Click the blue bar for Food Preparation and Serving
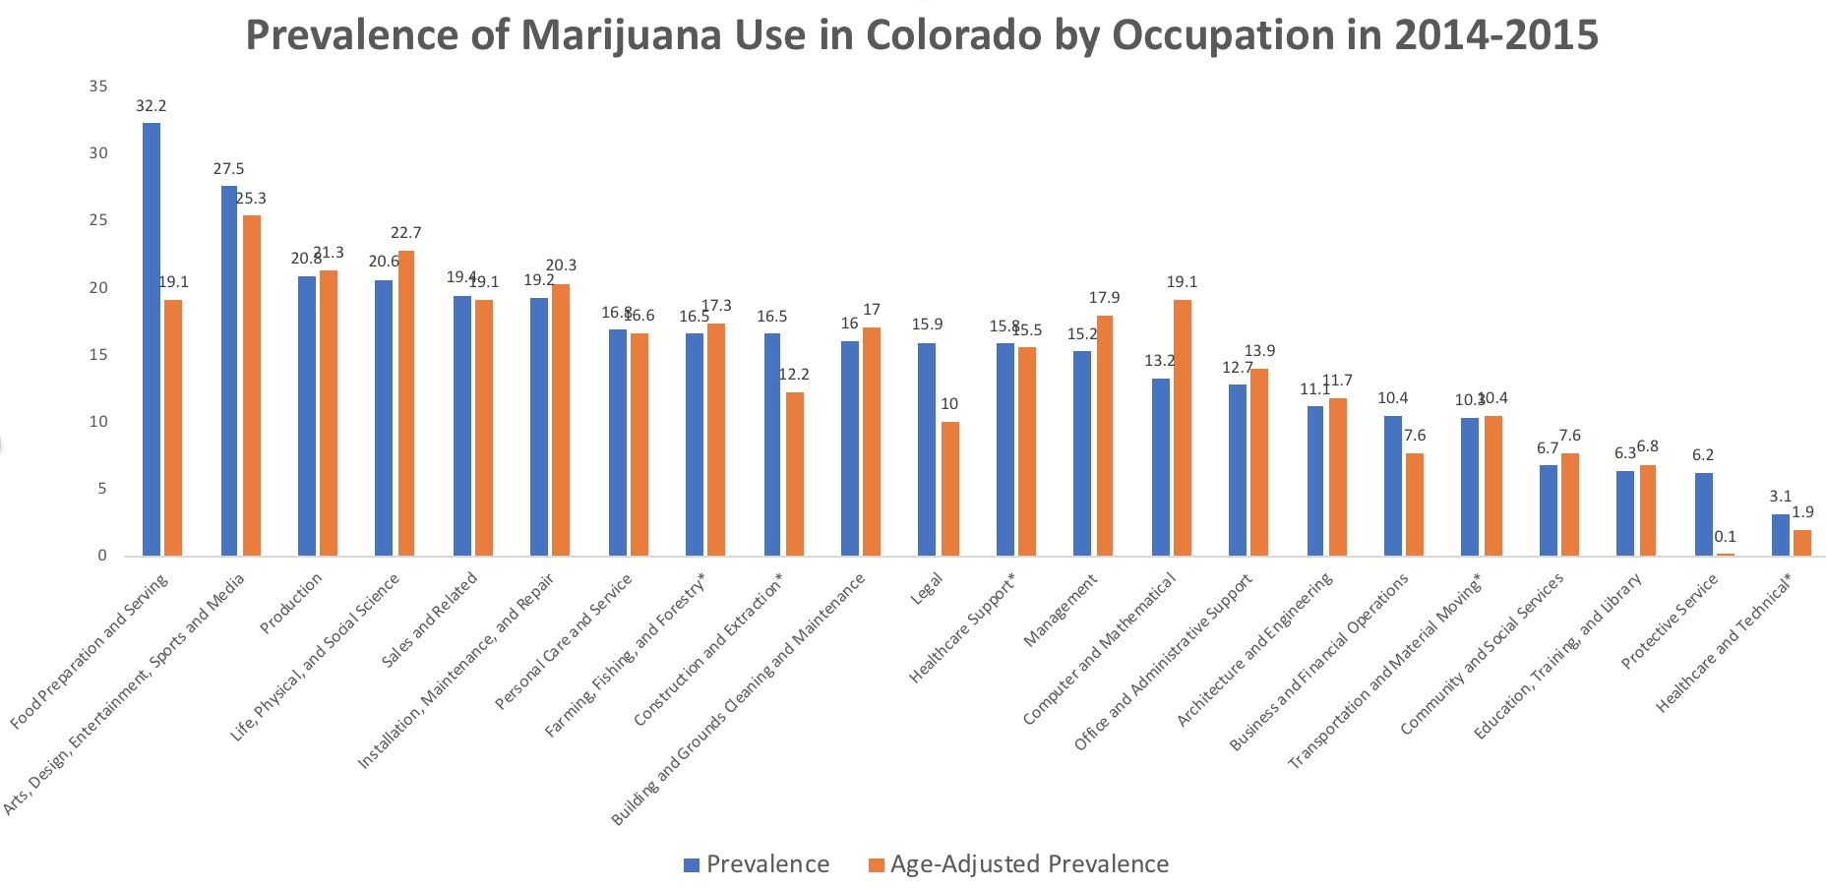tap(152, 339)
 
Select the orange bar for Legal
tap(949, 489)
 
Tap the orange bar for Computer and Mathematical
tap(1182, 428)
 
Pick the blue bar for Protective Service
tap(1703, 514)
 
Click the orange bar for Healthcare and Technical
tap(1801, 543)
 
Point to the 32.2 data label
tap(151, 106)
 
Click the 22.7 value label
tap(405, 233)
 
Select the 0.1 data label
tap(1725, 537)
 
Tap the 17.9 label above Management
tap(1104, 298)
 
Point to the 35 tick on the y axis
tap(98, 87)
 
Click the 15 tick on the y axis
tap(98, 355)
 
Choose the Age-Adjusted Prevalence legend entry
tap(1029, 864)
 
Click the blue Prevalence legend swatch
tap(692, 865)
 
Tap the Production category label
tap(291, 604)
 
